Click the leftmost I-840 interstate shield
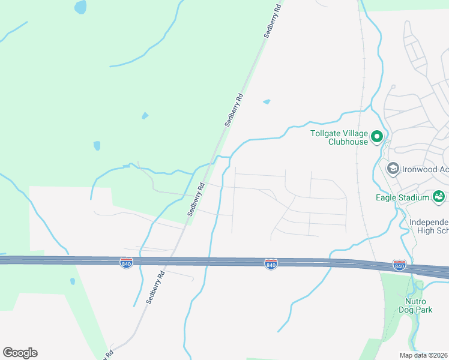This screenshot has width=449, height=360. [126, 263]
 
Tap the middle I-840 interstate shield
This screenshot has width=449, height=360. [271, 264]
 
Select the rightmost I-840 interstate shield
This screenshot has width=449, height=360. [399, 265]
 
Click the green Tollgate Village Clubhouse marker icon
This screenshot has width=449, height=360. [377, 137]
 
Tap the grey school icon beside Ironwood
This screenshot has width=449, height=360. [393, 169]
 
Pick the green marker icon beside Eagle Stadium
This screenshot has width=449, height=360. [439, 196]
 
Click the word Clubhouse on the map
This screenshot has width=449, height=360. [348, 142]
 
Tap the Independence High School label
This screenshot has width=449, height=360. [429, 226]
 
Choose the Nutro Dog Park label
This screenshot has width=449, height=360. [415, 305]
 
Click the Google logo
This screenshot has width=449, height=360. [20, 353]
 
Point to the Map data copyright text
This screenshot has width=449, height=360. [423, 355]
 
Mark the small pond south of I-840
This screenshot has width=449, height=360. [73, 281]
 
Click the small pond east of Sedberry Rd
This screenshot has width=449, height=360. [267, 102]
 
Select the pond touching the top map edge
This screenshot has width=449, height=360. [80, 7]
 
